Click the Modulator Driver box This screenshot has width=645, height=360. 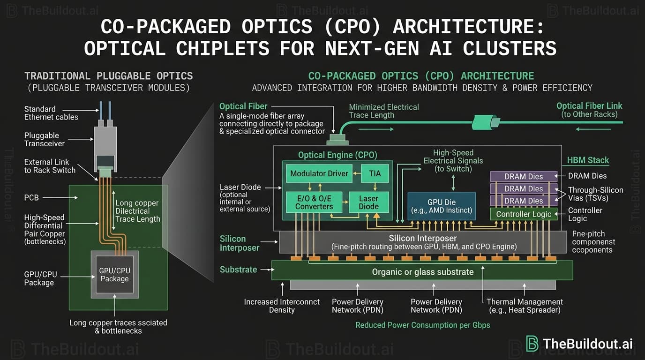pos(319,173)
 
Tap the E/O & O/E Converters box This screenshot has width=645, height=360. pos(314,202)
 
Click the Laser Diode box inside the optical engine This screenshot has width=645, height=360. pos(368,202)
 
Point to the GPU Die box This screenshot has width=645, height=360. pos(442,206)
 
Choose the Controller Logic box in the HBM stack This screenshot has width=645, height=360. pos(524,214)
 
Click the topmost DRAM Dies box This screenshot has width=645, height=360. pos(524,176)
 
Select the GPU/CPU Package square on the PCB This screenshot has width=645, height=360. pos(114,275)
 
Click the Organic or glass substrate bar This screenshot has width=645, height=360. pos(422,272)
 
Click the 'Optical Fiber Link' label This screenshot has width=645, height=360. pos(589,106)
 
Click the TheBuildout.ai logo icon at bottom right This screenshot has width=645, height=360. pos(532,343)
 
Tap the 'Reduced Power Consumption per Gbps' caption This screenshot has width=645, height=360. pos(422,325)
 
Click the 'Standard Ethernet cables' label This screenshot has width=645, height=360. pos(51,113)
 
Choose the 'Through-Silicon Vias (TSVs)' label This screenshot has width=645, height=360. pos(595,195)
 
